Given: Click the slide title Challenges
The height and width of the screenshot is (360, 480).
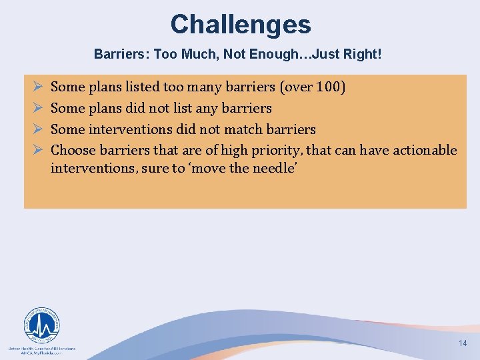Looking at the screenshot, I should click(240, 25).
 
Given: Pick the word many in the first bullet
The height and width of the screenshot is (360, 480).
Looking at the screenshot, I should click(209, 87).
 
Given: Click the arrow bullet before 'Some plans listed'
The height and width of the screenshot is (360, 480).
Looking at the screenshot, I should click(37, 87).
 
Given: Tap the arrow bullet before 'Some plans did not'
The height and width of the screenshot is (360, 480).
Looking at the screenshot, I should click(37, 108).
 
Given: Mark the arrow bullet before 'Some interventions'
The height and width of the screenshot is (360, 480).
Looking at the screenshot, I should click(37, 129).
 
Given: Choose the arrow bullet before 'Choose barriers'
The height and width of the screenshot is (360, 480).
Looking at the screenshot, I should click(37, 151).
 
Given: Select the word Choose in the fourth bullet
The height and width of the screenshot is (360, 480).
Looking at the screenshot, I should click(73, 151).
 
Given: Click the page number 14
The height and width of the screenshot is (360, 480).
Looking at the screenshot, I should click(463, 343).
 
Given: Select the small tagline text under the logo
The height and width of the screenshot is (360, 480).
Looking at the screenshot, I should click(41, 350).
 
